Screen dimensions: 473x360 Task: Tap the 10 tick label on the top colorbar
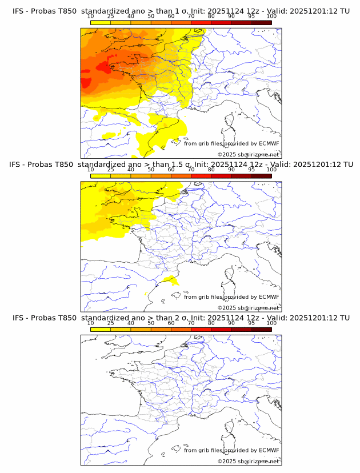click(x=91, y=17)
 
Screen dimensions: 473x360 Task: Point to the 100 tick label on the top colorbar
click(x=271, y=17)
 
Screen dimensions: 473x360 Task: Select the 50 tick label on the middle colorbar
click(x=151, y=170)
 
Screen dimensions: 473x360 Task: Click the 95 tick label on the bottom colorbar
click(x=251, y=323)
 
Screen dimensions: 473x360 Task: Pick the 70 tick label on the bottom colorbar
click(x=191, y=323)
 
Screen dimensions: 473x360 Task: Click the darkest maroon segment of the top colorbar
click(x=261, y=22)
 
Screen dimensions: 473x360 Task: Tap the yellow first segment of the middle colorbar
click(x=100, y=176)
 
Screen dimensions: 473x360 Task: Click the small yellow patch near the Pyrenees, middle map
click(x=169, y=280)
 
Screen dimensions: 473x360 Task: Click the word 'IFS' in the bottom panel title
click(x=19, y=318)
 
